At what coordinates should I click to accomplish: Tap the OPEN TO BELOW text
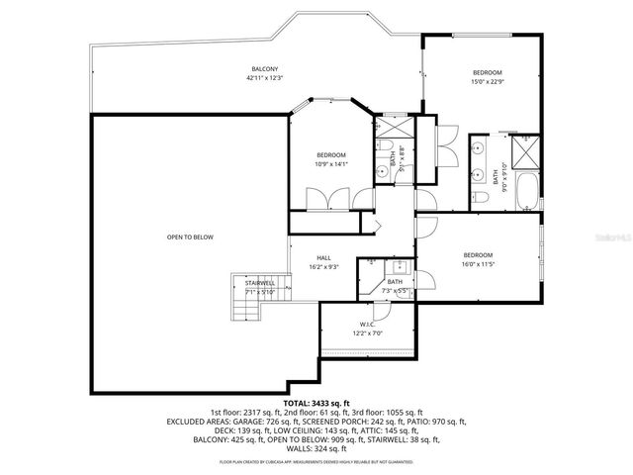point(190,237)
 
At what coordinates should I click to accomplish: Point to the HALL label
point(323,258)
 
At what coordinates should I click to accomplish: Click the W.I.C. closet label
point(367,326)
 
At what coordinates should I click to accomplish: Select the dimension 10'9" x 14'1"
point(330,164)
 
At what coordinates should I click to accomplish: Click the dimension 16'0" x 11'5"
point(478,264)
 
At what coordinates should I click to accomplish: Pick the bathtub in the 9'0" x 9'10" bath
point(526,190)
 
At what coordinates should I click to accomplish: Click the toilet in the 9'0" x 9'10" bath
point(492,198)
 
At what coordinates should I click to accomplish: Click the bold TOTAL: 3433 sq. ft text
point(316,404)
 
